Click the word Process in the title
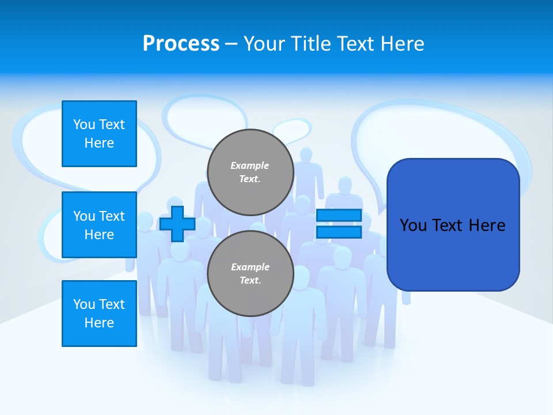tap(181, 44)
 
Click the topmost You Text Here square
tap(99, 134)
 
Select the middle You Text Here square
tap(99, 225)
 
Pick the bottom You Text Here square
tap(99, 314)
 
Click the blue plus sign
tap(177, 224)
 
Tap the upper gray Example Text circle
tap(251, 172)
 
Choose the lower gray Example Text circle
tap(251, 274)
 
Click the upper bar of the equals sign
tap(339, 215)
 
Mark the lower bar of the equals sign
tap(339, 232)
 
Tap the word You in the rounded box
tap(413, 225)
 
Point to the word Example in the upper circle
tap(250, 165)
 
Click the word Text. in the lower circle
tap(250, 281)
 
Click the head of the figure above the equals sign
tap(345, 186)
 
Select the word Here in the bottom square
tap(99, 323)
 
